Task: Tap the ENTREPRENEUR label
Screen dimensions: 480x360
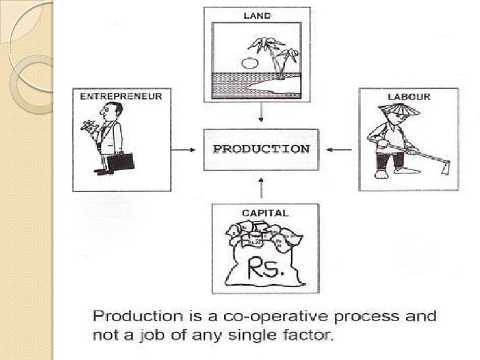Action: [121, 96]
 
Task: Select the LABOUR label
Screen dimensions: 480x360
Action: [408, 96]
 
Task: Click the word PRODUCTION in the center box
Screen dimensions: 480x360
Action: [261, 148]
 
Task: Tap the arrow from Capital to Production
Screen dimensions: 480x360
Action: [262, 188]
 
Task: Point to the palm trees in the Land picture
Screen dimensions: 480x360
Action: [273, 53]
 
